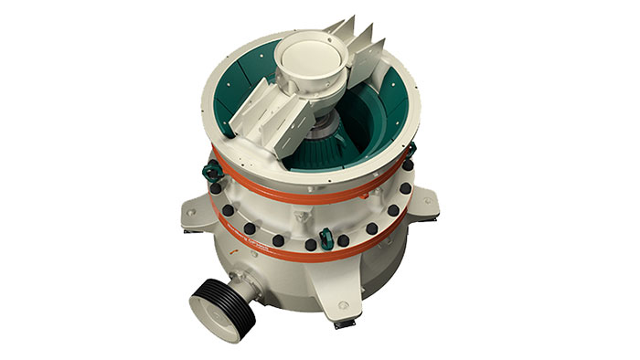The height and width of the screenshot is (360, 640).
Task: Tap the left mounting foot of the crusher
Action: tap(195, 212)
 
